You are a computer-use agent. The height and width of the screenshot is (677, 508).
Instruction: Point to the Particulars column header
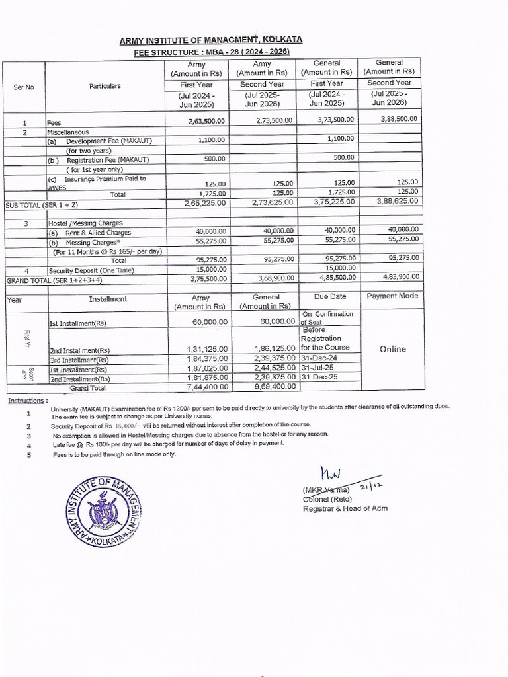[x=105, y=86]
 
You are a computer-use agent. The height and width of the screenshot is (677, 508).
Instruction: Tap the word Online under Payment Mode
[x=392, y=349]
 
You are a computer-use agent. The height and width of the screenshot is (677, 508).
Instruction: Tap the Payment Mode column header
[x=392, y=296]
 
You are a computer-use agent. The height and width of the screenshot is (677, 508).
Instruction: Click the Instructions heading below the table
[x=28, y=401]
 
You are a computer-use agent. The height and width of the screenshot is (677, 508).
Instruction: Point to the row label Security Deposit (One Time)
[x=86, y=270]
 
